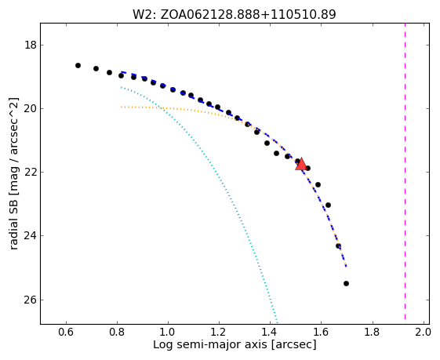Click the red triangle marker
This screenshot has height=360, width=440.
coord(301,165)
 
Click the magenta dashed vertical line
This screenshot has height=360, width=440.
coord(405,171)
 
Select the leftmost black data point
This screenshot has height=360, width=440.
coord(78,65)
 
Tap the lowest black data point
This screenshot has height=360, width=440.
coord(347,283)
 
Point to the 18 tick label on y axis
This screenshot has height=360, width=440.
coord(31,45)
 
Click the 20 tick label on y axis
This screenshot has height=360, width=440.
coord(31,108)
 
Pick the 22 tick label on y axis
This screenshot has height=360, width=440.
coord(31,172)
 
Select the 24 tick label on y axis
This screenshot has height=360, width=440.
coord(31,236)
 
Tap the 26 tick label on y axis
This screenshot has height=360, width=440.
coord(31,300)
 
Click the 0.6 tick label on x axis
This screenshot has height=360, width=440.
coord(66,333)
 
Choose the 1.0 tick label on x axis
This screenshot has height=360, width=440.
coord(168,333)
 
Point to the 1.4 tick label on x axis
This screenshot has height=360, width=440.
coord(270,333)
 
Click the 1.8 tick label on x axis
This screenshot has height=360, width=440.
coord(372,333)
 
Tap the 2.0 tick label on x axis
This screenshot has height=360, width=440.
coord(423,333)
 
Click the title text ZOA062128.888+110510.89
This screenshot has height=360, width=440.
coord(248,15)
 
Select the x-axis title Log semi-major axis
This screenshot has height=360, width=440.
coord(210,345)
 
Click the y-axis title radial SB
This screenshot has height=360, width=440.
coord(14,216)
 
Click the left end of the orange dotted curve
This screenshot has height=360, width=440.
coord(122,107)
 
